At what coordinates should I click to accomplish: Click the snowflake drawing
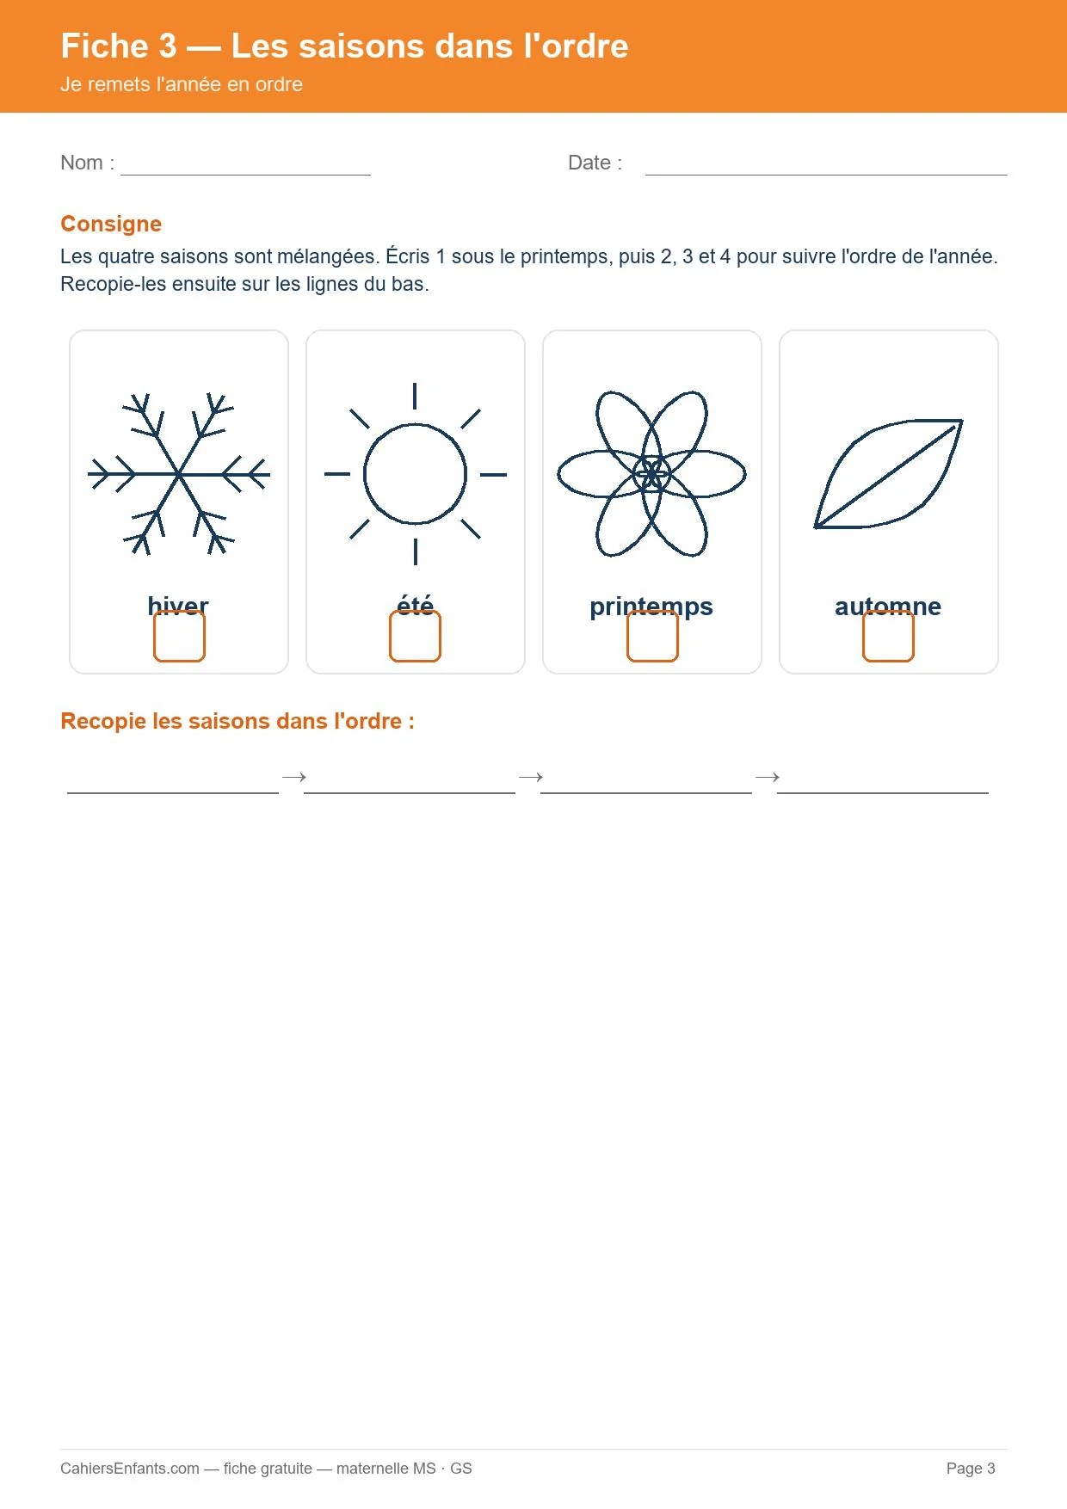click(x=179, y=474)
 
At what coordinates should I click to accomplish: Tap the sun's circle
click(x=365, y=474)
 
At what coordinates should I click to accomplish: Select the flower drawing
click(x=652, y=474)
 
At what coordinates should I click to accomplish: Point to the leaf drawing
click(x=888, y=474)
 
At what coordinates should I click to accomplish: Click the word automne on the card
click(x=888, y=607)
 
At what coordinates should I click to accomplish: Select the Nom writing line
click(x=245, y=175)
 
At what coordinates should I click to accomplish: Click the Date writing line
click(x=826, y=175)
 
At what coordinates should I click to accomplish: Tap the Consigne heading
click(x=111, y=224)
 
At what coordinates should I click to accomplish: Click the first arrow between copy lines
click(x=294, y=777)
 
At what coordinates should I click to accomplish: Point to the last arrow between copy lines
click(x=768, y=777)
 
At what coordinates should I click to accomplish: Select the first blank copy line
click(x=173, y=792)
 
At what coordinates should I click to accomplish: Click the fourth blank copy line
click(x=883, y=792)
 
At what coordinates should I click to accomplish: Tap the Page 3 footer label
click(x=971, y=1469)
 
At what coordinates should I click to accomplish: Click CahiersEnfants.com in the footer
click(x=130, y=1469)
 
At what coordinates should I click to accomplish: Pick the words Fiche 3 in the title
click(x=119, y=46)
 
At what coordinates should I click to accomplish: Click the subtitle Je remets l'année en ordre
click(x=182, y=84)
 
